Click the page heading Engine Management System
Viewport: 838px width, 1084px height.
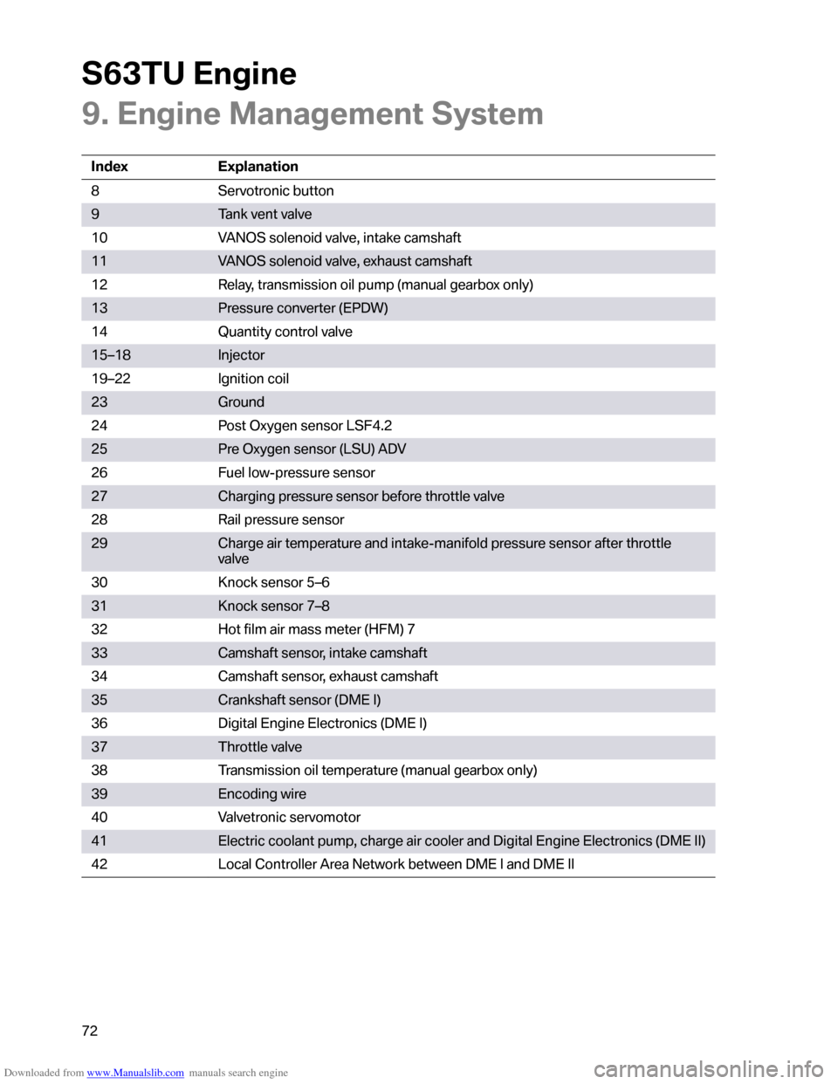pyautogui.click(x=313, y=114)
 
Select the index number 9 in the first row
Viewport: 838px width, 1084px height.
pyautogui.click(x=95, y=214)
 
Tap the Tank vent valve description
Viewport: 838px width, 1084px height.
pyautogui.click(x=264, y=214)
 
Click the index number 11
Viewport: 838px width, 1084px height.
pyautogui.click(x=100, y=261)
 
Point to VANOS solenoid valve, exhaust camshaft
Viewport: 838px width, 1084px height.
pyautogui.click(x=345, y=261)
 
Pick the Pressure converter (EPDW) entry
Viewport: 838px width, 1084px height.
pyautogui.click(x=303, y=308)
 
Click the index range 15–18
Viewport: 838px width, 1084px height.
pyautogui.click(x=111, y=355)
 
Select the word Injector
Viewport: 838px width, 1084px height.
pyautogui.click(x=241, y=355)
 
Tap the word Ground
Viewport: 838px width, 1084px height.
pyautogui.click(x=241, y=402)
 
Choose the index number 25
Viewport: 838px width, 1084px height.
pyautogui.click(x=100, y=449)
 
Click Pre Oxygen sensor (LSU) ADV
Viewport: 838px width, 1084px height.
pyautogui.click(x=312, y=449)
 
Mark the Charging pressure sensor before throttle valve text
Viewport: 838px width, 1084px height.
pyautogui.click(x=361, y=497)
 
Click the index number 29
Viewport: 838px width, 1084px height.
pyautogui.click(x=100, y=544)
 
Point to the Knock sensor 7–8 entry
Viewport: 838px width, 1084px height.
pyautogui.click(x=273, y=607)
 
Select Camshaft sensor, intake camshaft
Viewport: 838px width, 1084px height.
pyautogui.click(x=322, y=654)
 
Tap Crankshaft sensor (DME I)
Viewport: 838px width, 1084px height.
pyautogui.click(x=299, y=701)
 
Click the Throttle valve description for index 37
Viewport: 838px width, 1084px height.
pyautogui.click(x=259, y=748)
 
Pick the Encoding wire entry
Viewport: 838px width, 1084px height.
pyautogui.click(x=262, y=795)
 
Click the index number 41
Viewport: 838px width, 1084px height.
pyautogui.click(x=100, y=842)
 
